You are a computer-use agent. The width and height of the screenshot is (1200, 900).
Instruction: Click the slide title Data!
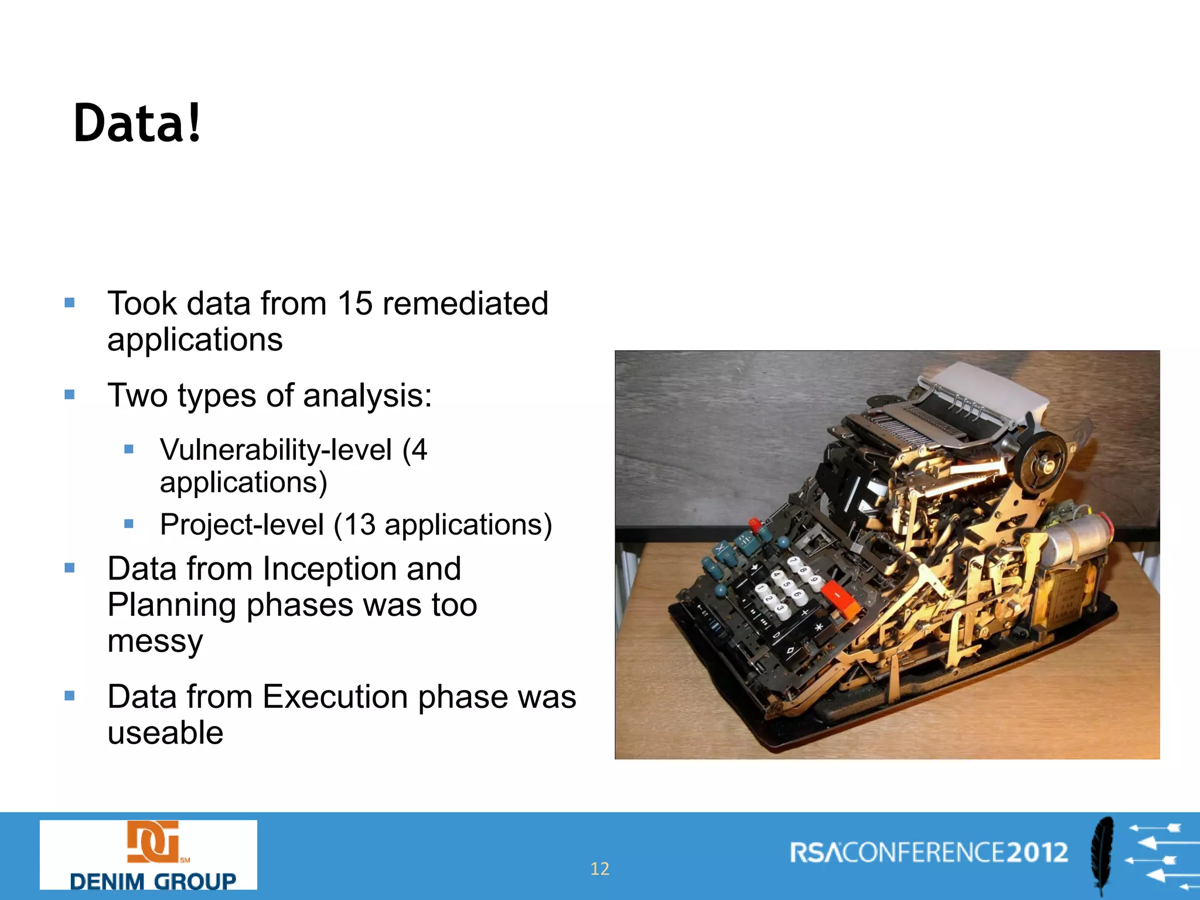137,123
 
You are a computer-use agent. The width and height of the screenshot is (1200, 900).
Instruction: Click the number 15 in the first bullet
355,304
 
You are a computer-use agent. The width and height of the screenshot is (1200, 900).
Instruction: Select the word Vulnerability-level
276,450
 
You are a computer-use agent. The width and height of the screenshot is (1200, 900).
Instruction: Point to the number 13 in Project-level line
359,524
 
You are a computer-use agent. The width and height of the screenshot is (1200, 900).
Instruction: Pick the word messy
155,642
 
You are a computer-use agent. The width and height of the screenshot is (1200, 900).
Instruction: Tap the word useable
165,733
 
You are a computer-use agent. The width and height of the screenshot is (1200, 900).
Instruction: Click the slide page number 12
599,868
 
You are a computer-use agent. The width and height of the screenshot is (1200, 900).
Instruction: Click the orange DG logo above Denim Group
154,841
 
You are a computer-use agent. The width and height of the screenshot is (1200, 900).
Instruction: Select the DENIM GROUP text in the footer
152,881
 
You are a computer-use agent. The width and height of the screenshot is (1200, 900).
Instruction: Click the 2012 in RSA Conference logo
1037,853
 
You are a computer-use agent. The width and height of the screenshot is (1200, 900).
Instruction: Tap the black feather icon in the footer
1102,855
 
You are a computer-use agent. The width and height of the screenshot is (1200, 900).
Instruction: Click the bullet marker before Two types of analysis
70,395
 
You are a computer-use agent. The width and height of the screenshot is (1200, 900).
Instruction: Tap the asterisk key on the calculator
819,629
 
